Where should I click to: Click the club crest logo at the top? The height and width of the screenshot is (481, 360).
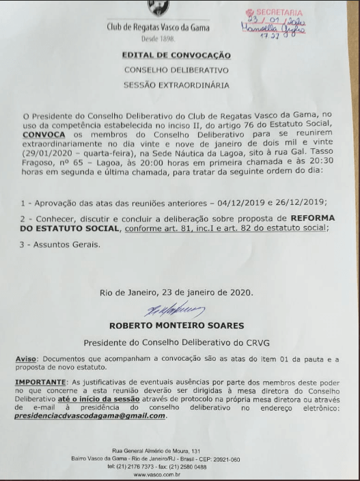point(158,8)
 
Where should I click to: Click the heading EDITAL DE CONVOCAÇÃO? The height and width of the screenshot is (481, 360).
point(176,55)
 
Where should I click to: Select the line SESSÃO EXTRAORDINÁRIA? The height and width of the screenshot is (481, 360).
point(176,85)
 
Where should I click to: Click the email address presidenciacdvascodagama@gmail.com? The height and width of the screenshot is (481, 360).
point(89,415)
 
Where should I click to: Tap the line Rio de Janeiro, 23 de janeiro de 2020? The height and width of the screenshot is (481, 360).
point(176,293)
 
